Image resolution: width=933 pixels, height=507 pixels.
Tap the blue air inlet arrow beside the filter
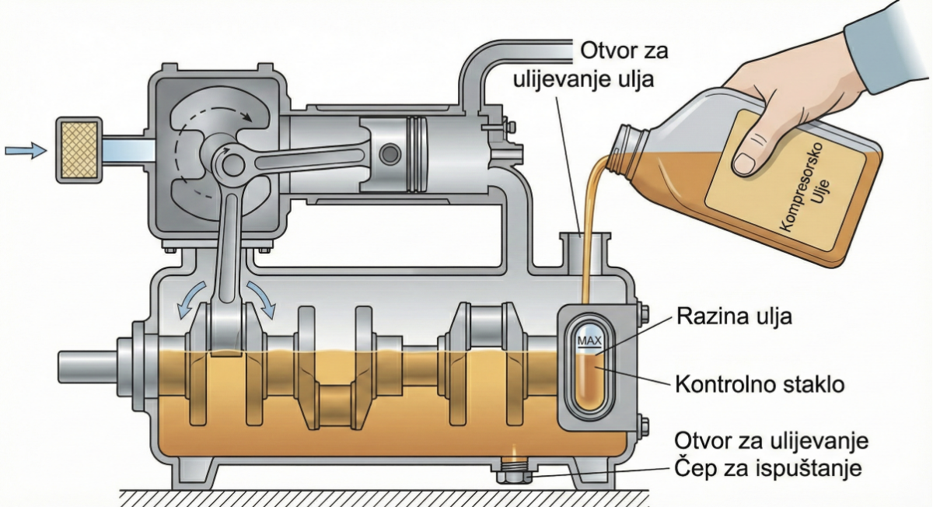26,150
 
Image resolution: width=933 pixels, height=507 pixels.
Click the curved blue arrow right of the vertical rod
261,299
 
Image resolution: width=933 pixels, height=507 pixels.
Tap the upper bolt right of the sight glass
642,315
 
